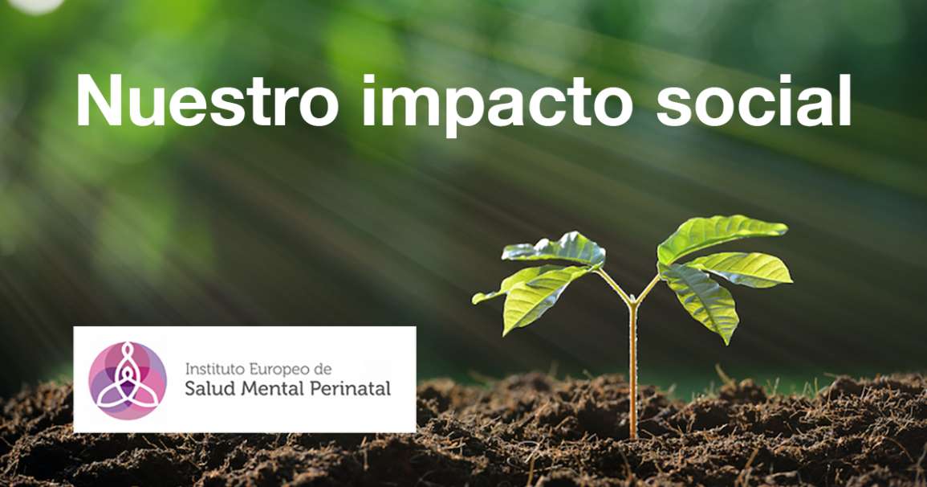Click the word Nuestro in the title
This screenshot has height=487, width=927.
click(x=207, y=100)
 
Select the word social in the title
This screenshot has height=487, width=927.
click(x=754, y=100)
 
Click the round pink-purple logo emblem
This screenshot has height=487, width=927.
click(x=128, y=380)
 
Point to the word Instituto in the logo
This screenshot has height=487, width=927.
click(x=214, y=369)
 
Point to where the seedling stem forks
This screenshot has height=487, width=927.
click(x=632, y=302)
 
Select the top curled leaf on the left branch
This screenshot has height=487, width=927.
click(x=555, y=248)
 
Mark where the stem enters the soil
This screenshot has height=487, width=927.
click(x=633, y=436)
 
